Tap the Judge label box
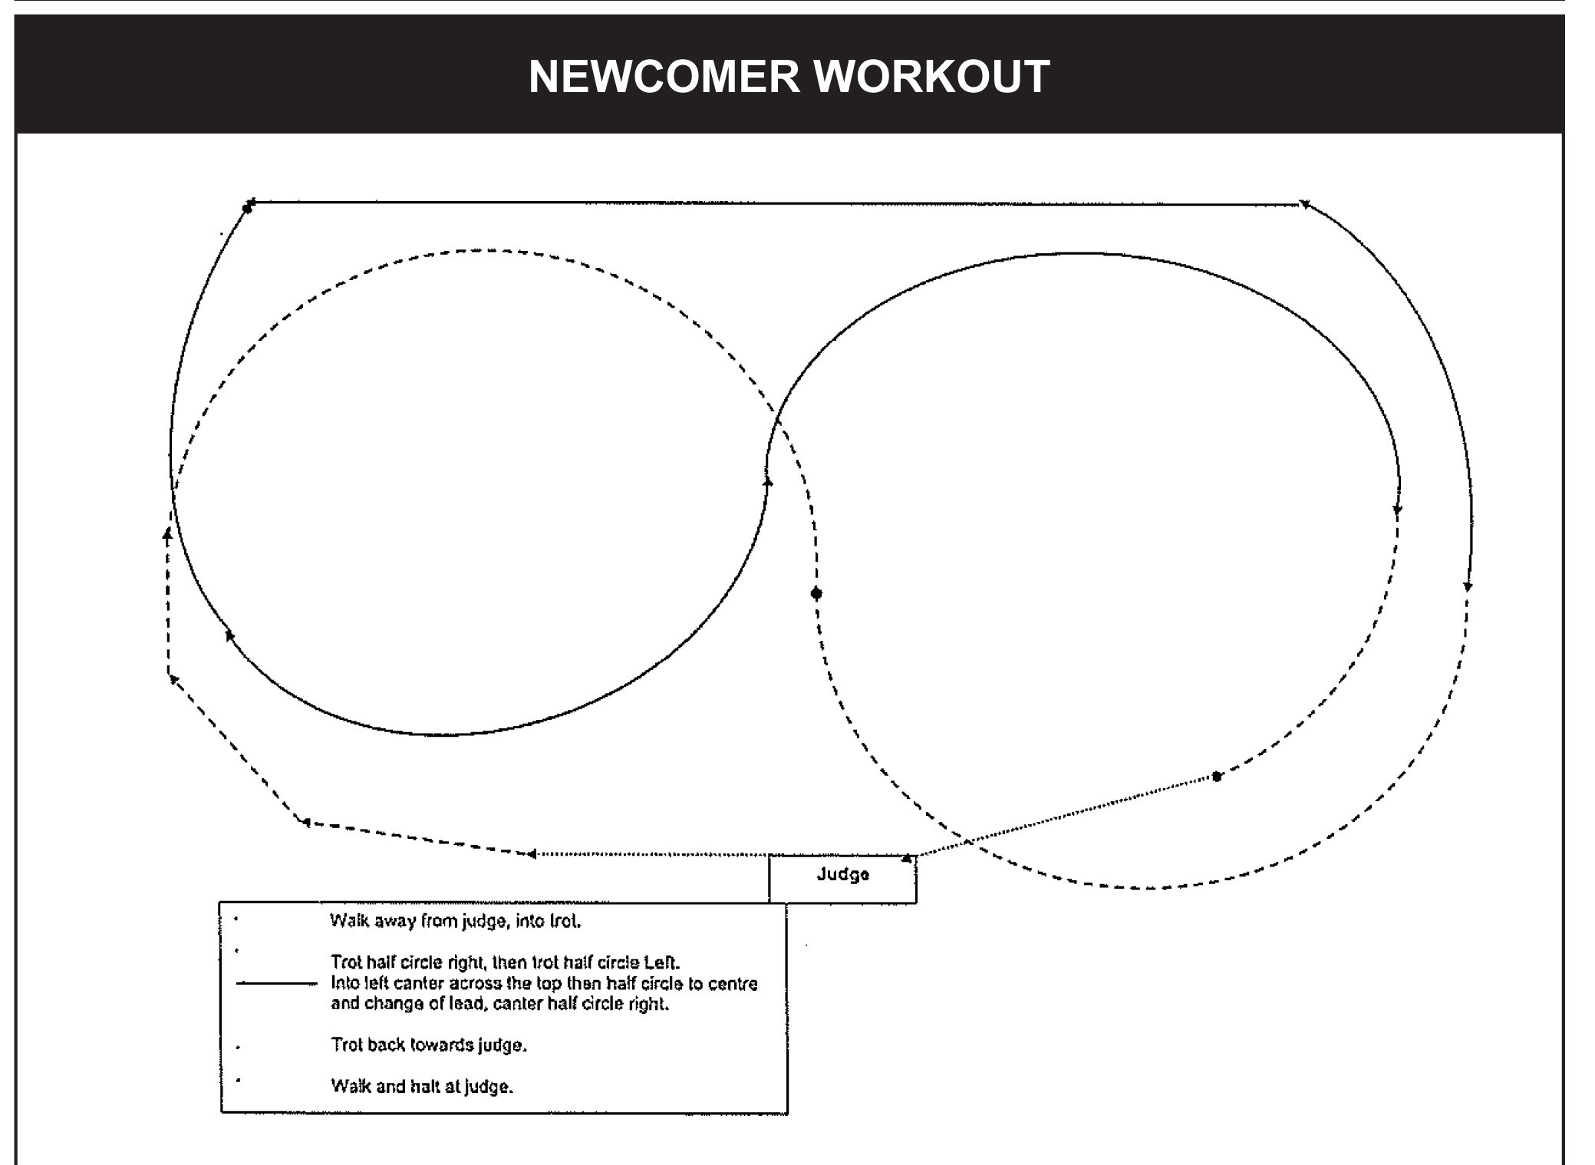pyautogui.click(x=842, y=879)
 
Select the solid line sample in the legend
pyautogui.click(x=277, y=983)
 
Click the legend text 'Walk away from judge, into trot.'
pyautogui.click(x=455, y=921)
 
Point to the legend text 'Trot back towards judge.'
pyautogui.click(x=429, y=1045)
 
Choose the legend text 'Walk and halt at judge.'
pyautogui.click(x=422, y=1087)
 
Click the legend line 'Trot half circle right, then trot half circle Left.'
pyautogui.click(x=505, y=962)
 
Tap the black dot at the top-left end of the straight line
pyautogui.click(x=247, y=207)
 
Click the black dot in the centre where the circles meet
pyautogui.click(x=816, y=593)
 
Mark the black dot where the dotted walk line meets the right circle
pyautogui.click(x=1217, y=777)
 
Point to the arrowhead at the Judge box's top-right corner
pyautogui.click(x=907, y=858)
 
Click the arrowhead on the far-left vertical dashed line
pyautogui.click(x=167, y=534)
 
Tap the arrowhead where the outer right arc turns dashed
pyautogui.click(x=1468, y=587)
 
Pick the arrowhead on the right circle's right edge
pyautogui.click(x=1397, y=510)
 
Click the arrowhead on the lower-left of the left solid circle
pyautogui.click(x=229, y=635)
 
